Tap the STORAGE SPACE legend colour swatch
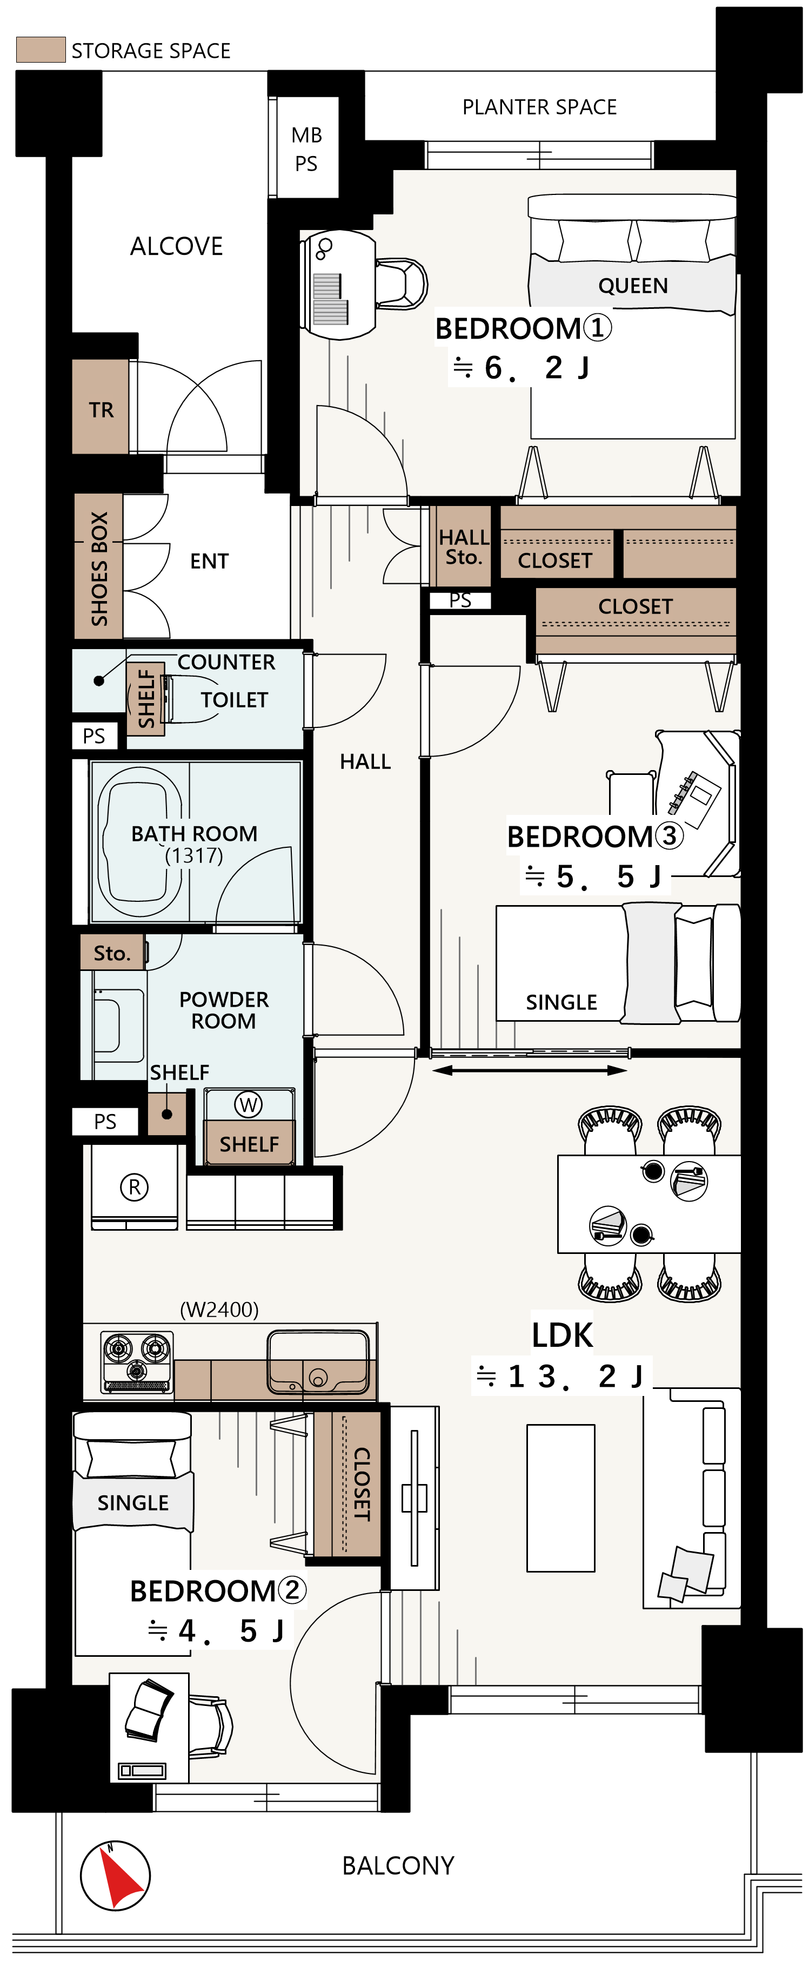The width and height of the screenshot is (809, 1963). [41, 50]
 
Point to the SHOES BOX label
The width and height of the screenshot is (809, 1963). [99, 569]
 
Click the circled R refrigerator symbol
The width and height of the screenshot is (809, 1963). [134, 1187]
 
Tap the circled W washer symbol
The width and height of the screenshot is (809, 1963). [249, 1104]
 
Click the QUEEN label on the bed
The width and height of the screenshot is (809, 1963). [633, 286]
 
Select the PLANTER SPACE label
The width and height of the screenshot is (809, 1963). [540, 107]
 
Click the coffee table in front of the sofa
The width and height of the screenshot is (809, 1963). [560, 1498]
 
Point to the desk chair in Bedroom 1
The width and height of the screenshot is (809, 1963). [401, 283]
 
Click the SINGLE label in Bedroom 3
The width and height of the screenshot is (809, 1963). [561, 1002]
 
